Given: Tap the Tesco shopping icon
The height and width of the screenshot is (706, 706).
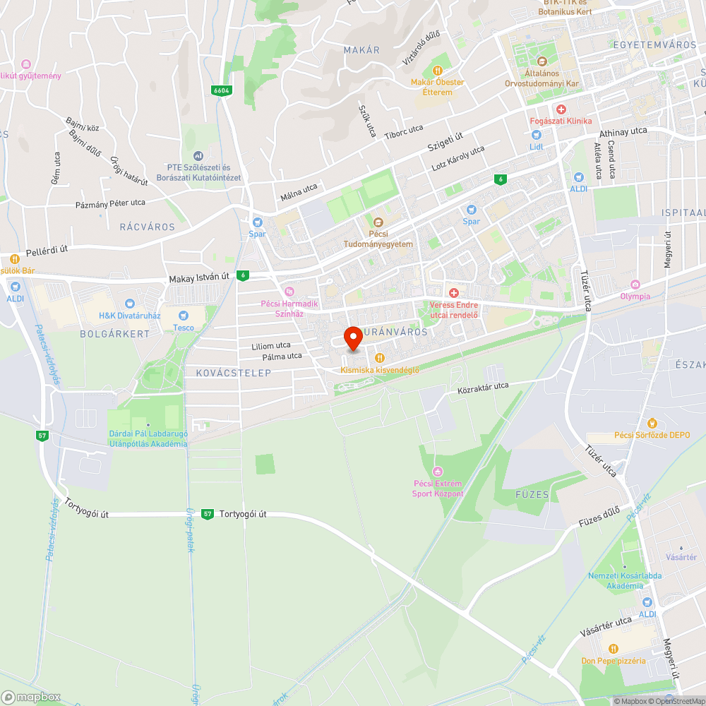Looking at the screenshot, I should [x=184, y=316].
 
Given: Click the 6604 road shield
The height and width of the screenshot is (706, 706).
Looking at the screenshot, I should [x=221, y=90].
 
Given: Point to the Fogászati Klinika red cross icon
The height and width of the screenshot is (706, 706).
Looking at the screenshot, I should [x=561, y=109].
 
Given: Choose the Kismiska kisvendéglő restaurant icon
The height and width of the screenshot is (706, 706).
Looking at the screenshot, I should [x=380, y=358].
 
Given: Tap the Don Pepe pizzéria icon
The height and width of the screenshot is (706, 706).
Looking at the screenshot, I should [x=613, y=649].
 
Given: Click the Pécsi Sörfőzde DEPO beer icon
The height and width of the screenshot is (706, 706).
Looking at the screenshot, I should [x=652, y=423].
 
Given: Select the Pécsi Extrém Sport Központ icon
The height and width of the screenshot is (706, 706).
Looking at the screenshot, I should [x=438, y=471].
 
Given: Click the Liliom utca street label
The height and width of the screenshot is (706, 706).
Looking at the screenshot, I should [x=271, y=346].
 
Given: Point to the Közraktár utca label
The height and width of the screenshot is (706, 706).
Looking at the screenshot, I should [x=483, y=387].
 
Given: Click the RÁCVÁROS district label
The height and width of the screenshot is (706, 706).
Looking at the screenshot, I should [x=147, y=227].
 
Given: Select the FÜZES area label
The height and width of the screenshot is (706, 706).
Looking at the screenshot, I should [x=532, y=495].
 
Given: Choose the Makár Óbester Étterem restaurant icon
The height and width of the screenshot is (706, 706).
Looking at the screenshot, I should [x=438, y=71].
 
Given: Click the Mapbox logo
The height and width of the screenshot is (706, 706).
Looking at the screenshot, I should [x=32, y=697].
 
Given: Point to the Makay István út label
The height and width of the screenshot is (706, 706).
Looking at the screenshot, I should [x=200, y=279].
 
